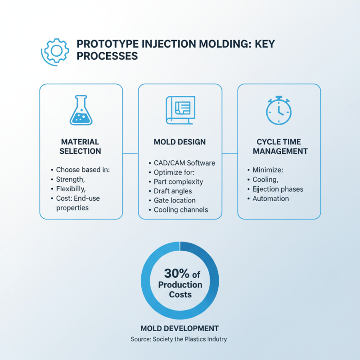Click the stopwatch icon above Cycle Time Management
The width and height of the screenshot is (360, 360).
(x=279, y=110)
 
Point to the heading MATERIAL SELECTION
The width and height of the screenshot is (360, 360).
(x=81, y=146)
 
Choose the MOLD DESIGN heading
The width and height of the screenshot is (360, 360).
(x=180, y=142)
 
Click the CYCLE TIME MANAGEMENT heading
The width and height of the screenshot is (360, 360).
(x=279, y=146)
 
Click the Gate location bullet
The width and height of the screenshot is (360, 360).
(x=175, y=200)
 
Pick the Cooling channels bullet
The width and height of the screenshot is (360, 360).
(x=181, y=210)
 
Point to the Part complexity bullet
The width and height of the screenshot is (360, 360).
(x=178, y=182)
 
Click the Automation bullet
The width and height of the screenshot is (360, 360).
(x=270, y=198)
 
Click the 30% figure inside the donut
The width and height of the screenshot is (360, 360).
(x=173, y=274)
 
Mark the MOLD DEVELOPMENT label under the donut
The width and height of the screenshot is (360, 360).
(x=180, y=328)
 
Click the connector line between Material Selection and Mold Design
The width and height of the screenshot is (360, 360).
(x=130, y=153)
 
